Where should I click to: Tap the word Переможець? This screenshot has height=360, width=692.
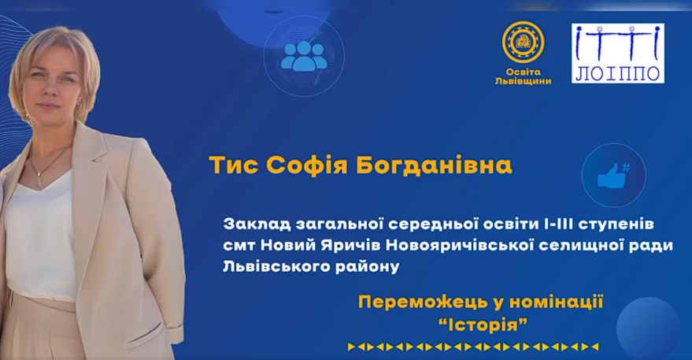422,302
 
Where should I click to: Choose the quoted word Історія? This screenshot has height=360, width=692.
483,326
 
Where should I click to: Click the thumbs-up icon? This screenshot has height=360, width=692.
613,176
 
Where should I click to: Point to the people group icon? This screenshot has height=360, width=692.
304,56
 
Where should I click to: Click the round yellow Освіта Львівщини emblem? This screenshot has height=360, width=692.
523,42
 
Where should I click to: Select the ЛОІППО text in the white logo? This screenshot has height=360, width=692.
618,73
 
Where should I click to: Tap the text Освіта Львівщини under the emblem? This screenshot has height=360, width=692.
523,76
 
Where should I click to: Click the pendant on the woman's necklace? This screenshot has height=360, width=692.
39,180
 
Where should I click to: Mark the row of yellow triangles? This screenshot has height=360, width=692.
473,347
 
